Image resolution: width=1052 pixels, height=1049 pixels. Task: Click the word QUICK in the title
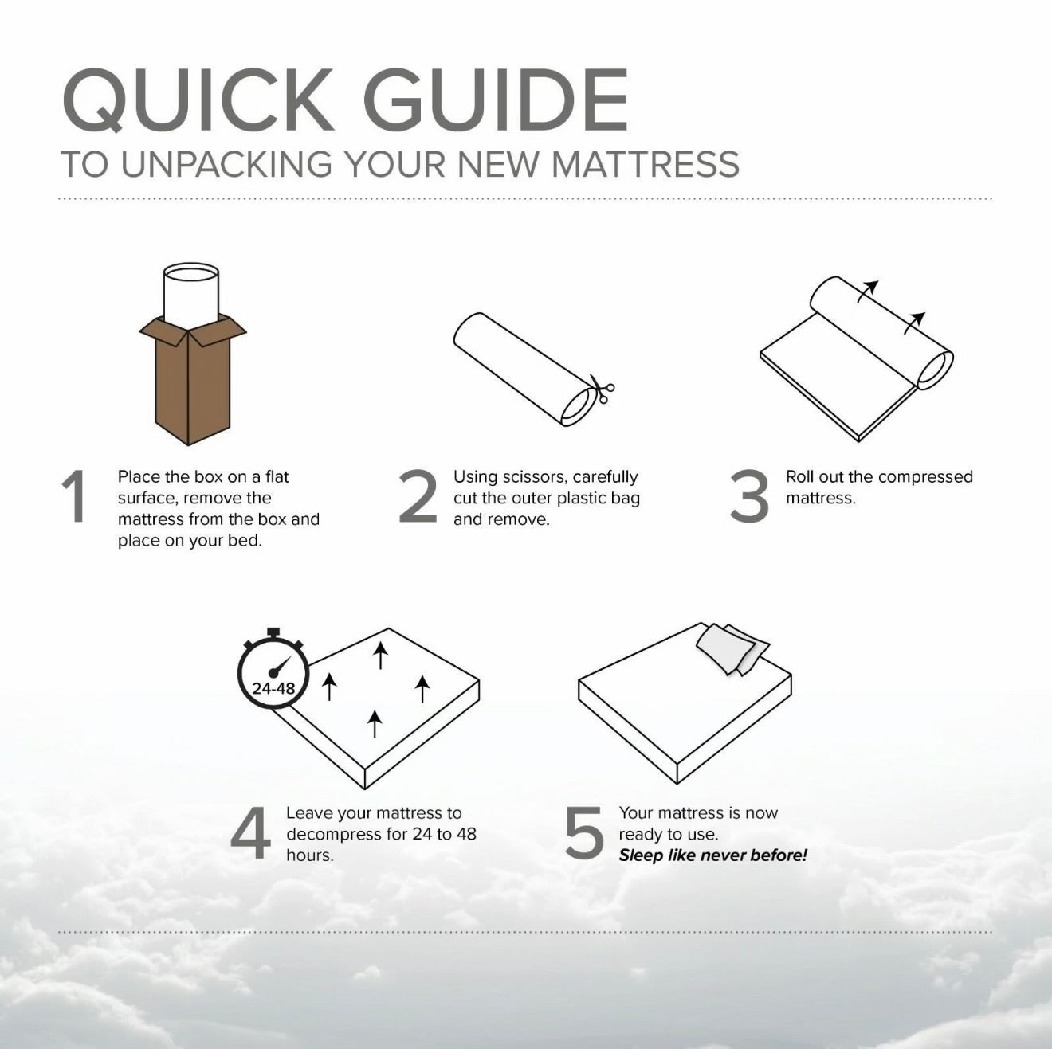tap(197, 100)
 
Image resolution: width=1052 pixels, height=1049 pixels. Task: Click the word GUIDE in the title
tap(496, 100)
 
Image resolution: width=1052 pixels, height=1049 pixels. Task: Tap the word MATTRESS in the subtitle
tap(646, 164)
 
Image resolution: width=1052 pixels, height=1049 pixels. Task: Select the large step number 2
tap(418, 496)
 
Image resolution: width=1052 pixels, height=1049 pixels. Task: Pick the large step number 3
tap(749, 496)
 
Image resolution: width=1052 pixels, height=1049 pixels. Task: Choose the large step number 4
tap(250, 832)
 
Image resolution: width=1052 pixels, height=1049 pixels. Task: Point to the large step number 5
tap(583, 833)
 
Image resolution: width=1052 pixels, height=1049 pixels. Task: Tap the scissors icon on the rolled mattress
tap(601, 389)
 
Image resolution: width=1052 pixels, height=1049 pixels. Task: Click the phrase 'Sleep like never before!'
tap(712, 855)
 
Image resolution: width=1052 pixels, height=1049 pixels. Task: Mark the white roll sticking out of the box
tap(191, 293)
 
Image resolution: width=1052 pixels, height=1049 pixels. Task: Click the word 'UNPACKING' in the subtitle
tap(226, 164)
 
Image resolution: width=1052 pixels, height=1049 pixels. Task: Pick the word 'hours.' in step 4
tap(309, 855)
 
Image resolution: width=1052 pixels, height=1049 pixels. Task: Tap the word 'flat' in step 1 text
tap(277, 476)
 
